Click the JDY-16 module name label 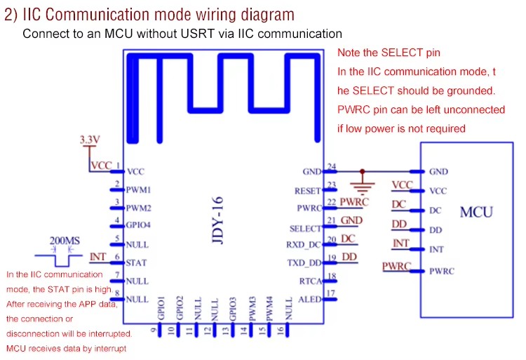(217, 220)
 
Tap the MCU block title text (476, 212)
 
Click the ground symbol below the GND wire (363, 188)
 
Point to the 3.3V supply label (90, 139)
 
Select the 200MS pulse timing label (65, 241)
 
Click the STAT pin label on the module (136, 262)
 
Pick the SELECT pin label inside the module (305, 229)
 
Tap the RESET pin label (308, 192)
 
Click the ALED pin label (309, 299)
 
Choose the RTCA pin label (310, 281)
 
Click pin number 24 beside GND (332, 166)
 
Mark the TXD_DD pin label (304, 263)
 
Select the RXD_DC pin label (304, 245)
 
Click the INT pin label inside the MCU (436, 250)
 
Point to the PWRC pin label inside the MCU (442, 271)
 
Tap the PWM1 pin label (139, 190)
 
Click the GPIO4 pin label (138, 225)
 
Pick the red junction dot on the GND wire (363, 171)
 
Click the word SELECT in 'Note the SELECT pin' (402, 53)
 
